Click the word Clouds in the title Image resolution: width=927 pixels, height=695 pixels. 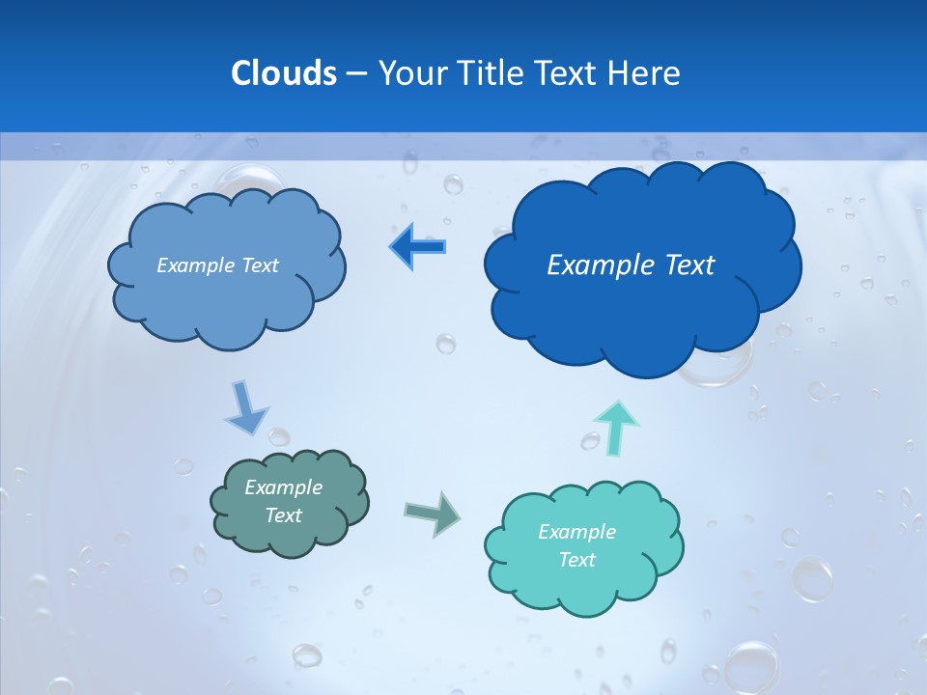click(284, 73)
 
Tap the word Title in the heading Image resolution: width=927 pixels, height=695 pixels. click(491, 73)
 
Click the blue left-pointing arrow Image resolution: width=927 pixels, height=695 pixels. click(417, 246)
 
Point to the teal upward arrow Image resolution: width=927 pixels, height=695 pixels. click(617, 427)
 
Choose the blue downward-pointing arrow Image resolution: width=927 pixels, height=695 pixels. click(245, 408)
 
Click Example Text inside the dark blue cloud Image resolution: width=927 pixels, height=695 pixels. click(631, 265)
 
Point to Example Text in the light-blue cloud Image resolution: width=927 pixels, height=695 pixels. click(217, 265)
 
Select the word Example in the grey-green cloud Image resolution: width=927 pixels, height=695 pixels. click(283, 488)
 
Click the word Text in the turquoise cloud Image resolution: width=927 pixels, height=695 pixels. click(576, 561)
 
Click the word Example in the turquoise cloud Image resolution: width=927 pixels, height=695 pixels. click(576, 532)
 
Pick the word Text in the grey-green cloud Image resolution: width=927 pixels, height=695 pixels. click(283, 516)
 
